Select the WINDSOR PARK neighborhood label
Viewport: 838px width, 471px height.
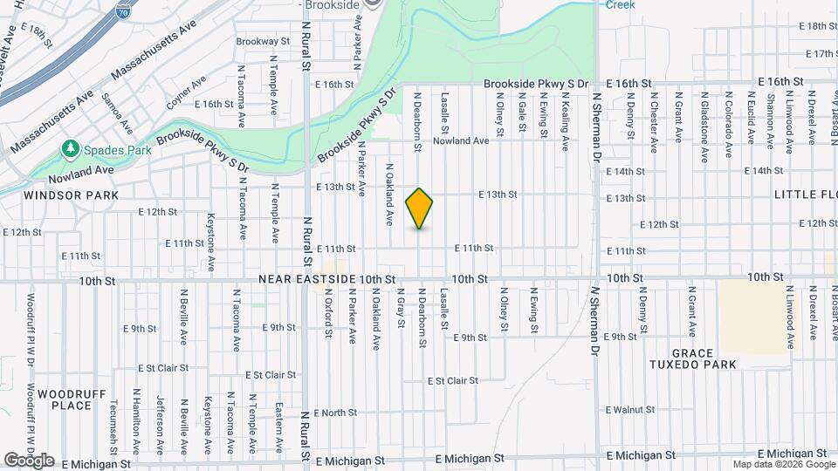pyautogui.click(x=58, y=195)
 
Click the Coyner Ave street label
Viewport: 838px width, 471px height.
pyautogui.click(x=186, y=91)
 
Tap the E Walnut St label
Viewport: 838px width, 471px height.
pyautogui.click(x=629, y=409)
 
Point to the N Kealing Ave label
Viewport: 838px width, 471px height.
pyautogui.click(x=566, y=121)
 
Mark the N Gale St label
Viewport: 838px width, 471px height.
pyautogui.click(x=522, y=115)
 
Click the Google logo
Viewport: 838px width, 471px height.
pyautogui.click(x=29, y=461)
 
